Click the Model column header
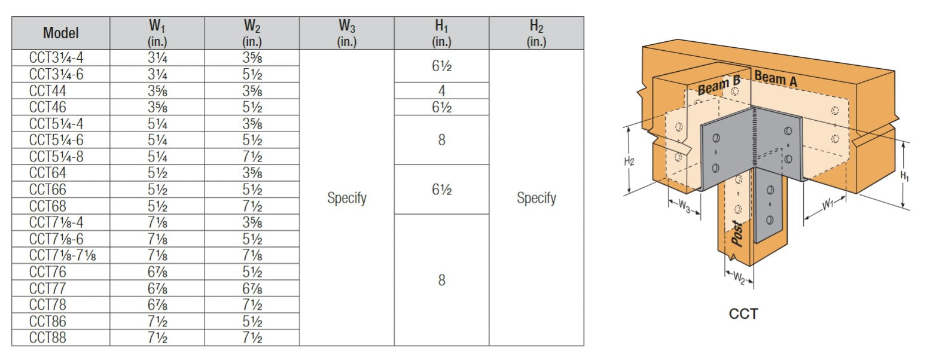pyautogui.click(x=60, y=33)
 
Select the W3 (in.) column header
pyautogui.click(x=346, y=33)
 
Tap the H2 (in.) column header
pyautogui.click(x=536, y=33)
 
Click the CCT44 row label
pyautogui.click(x=48, y=91)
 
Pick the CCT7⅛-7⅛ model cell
pyautogui.click(x=62, y=255)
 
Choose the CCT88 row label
pyautogui.click(x=48, y=338)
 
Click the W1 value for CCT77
pyautogui.click(x=157, y=288)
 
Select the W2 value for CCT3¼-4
pyautogui.click(x=252, y=58)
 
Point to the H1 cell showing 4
pyautogui.click(x=441, y=91)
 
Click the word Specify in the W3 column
pyautogui.click(x=346, y=198)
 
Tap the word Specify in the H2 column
pyautogui.click(x=536, y=198)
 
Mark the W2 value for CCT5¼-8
pyautogui.click(x=252, y=157)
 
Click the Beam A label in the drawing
pyautogui.click(x=775, y=78)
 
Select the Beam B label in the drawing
pyautogui.click(x=719, y=86)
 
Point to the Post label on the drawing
pyautogui.click(x=737, y=233)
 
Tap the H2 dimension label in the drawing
pyautogui.click(x=629, y=161)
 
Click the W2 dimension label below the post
pyautogui.click(x=739, y=278)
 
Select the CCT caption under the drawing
pyautogui.click(x=743, y=313)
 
